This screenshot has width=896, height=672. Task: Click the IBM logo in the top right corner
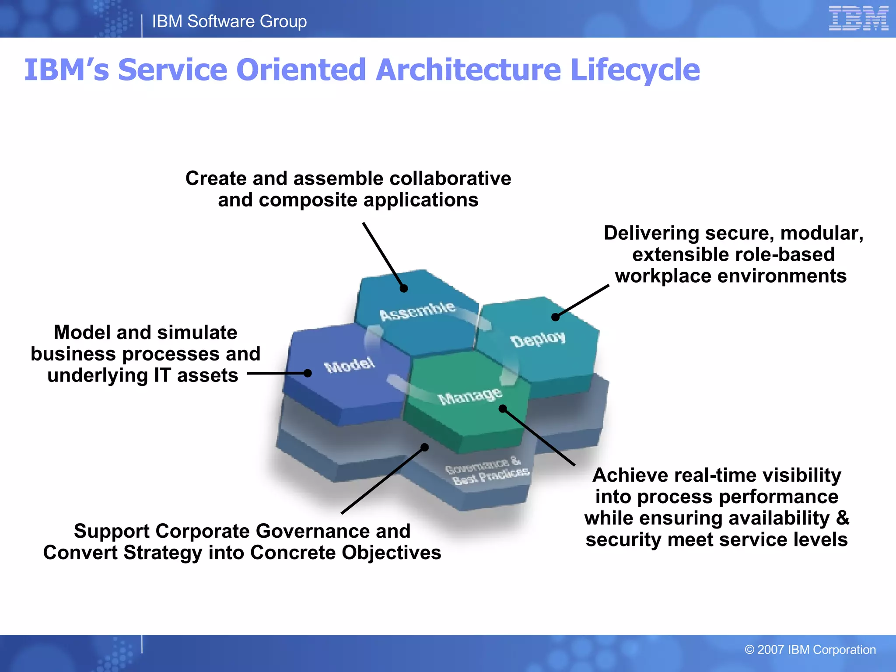(858, 19)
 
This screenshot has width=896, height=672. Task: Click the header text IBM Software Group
(229, 21)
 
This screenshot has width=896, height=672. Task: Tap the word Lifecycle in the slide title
(635, 70)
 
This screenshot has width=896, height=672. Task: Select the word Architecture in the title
(468, 70)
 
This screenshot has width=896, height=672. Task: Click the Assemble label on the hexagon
(417, 311)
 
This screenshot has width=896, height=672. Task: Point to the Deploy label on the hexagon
(538, 339)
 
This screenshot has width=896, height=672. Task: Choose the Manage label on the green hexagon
(469, 396)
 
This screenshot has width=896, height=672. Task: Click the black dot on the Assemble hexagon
(404, 288)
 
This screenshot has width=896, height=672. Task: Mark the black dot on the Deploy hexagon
(555, 317)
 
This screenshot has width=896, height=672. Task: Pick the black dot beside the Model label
(308, 373)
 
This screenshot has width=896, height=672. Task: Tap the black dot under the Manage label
(503, 409)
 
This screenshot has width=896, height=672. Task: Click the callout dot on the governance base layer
(424, 447)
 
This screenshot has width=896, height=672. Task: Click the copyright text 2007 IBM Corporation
(810, 650)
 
